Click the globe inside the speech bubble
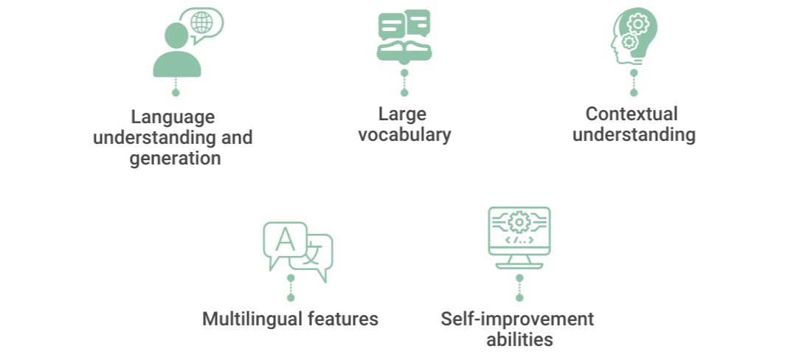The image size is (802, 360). point(201,22)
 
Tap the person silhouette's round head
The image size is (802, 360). point(176,36)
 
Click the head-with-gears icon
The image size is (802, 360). point(634,36)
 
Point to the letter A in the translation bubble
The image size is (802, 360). point(285,240)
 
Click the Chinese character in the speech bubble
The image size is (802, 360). point(314,252)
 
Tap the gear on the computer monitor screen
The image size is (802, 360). point(519,223)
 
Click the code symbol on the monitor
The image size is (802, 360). point(519,240)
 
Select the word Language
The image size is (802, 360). point(173,117)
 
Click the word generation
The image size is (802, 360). point(175,158)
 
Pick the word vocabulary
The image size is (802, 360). point(404,135)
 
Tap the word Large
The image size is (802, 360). point(403,114)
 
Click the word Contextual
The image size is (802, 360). point(632,114)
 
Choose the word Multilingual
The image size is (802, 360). point(253,319)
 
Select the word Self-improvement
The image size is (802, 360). point(518,319)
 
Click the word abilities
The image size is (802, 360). point(519,339)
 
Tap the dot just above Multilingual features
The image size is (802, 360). point(291,297)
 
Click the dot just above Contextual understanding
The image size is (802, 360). point(634,92)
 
